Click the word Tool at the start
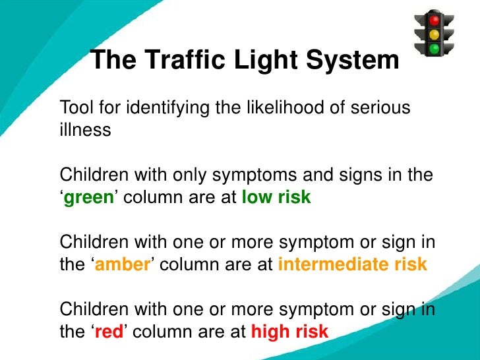(75, 107)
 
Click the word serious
(376, 107)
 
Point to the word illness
(85, 130)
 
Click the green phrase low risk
(276, 198)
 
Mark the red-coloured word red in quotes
(109, 332)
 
